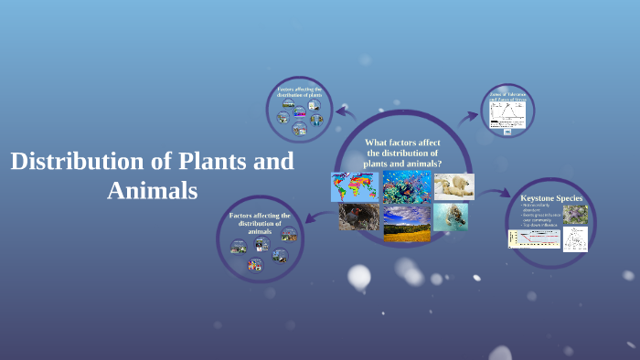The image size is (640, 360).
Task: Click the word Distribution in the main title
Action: click(79, 162)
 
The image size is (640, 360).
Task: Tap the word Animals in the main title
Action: click(152, 192)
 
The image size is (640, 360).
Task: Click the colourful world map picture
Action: click(354, 186)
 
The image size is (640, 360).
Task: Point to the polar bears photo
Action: click(453, 186)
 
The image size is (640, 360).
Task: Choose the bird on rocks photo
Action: click(358, 217)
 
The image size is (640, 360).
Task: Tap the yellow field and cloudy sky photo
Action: click(407, 223)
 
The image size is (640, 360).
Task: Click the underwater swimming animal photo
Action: click(451, 217)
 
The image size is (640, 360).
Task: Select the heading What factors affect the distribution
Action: click(403, 152)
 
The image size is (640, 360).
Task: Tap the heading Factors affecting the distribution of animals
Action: click(260, 223)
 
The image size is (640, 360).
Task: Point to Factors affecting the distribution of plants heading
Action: click(300, 91)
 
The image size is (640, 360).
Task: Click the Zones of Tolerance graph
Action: click(508, 113)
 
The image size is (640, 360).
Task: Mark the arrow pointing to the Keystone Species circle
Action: click(499, 193)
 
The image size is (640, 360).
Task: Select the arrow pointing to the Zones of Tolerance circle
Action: click(471, 116)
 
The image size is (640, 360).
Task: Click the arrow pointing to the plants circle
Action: click(346, 112)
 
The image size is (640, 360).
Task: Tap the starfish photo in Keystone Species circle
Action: click(575, 215)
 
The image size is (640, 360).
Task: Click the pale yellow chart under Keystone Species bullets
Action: click(534, 238)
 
